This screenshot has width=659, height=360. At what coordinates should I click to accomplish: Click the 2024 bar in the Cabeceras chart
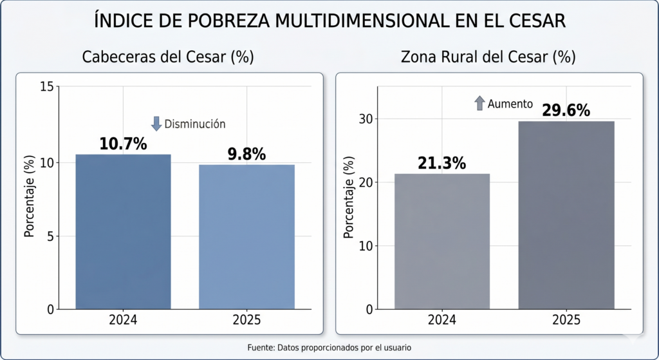point(124,232)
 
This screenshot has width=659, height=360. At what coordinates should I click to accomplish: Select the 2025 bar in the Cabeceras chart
point(246,237)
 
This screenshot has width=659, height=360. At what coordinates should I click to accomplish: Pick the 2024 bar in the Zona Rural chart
point(442,242)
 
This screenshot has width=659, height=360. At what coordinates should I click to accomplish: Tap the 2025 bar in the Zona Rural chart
point(566,215)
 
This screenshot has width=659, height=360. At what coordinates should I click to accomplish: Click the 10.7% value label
point(123,144)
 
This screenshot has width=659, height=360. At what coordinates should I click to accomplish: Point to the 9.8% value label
point(246,155)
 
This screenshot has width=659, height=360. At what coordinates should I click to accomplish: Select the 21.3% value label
point(441,164)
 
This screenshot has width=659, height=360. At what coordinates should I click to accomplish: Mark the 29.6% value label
point(566,111)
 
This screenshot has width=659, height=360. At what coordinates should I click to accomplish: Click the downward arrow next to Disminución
point(156,124)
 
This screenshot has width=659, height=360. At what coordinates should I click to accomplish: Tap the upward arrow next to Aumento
point(479,103)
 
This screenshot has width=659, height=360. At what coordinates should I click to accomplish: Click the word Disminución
point(195,124)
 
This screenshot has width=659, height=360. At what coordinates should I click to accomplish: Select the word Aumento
point(510,104)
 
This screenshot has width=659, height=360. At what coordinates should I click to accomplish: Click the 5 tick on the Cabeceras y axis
point(48,236)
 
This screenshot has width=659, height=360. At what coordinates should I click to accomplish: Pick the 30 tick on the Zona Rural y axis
point(365,119)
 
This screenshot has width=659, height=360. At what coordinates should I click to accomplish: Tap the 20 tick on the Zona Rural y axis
point(365,182)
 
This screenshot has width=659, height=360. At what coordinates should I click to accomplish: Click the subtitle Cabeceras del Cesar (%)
point(168,57)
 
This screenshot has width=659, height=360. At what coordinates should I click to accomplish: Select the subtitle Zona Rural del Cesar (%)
point(488,57)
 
